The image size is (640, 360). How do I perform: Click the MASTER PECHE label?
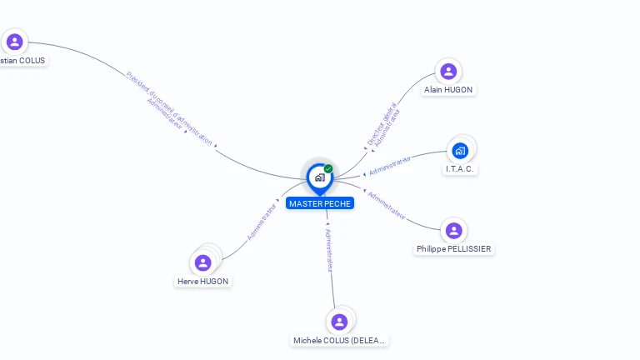tap(320, 203)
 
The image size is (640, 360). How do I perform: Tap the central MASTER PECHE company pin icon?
tap(319, 177)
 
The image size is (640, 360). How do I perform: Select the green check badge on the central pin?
tap(328, 169)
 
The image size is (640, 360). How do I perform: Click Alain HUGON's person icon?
tap(448, 71)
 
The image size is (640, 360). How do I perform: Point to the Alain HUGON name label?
tap(448, 89)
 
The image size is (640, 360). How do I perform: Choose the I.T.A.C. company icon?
tap(460, 151)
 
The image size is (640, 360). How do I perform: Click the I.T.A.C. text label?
tap(461, 168)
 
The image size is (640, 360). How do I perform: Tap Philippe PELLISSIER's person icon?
tap(453, 230)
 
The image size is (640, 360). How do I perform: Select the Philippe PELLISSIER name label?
tap(454, 248)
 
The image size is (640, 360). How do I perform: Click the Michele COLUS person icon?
tap(339, 322)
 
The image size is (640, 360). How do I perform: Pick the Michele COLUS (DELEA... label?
tap(340, 340)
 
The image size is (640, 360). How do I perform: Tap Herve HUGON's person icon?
tap(202, 262)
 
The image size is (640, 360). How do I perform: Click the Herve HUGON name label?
tap(202, 281)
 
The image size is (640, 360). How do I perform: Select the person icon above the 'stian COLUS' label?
tap(14, 42)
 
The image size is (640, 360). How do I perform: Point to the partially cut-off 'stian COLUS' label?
tap(22, 60)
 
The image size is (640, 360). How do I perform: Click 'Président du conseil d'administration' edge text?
tap(170, 107)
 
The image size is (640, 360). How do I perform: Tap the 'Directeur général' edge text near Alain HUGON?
tap(381, 123)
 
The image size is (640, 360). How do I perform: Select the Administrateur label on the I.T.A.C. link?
tap(389, 165)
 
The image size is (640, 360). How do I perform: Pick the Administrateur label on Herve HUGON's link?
tap(261, 222)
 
